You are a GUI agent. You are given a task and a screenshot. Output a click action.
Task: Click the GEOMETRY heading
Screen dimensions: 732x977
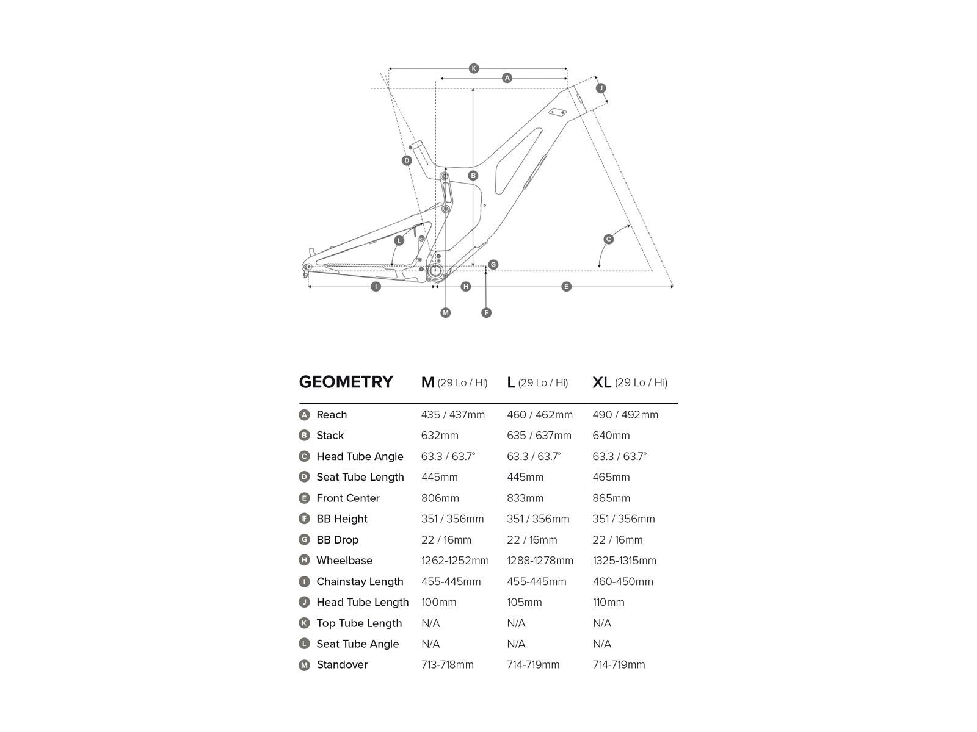(346, 382)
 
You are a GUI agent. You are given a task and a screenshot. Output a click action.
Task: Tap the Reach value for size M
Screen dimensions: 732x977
(452, 415)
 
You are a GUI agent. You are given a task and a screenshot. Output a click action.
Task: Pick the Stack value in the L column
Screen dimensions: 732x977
(539, 436)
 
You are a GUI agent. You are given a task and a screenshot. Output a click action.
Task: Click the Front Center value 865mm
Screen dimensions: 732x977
(611, 498)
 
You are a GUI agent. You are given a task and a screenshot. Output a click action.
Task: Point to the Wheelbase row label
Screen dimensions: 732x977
(344, 561)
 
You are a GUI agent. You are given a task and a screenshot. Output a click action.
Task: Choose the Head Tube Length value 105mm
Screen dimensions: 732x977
(524, 602)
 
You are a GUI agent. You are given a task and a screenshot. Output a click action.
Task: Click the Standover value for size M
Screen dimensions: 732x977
(447, 664)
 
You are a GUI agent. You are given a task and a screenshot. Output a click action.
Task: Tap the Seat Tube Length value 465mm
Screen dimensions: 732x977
(611, 477)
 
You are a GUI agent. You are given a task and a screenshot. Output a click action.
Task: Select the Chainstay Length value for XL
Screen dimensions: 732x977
(622, 581)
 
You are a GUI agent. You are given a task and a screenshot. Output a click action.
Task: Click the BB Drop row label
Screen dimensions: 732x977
(337, 540)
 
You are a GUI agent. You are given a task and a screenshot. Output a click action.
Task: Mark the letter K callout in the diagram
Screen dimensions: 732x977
(474, 68)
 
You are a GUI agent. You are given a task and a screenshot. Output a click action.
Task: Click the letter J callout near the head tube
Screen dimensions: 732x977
(601, 88)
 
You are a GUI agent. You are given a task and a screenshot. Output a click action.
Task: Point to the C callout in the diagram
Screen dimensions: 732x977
(608, 239)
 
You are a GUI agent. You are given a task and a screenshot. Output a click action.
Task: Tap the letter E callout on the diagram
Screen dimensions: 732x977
(566, 286)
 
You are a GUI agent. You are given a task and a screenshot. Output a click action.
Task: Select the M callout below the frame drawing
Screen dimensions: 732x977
(445, 313)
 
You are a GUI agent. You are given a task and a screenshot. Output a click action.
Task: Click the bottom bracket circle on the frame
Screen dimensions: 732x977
(436, 271)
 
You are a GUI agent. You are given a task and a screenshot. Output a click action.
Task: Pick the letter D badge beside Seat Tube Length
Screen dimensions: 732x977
(304, 477)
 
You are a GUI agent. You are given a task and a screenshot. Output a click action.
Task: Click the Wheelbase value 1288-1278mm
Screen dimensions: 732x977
(540, 561)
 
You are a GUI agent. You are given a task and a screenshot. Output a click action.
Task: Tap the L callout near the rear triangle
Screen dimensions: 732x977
(399, 240)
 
